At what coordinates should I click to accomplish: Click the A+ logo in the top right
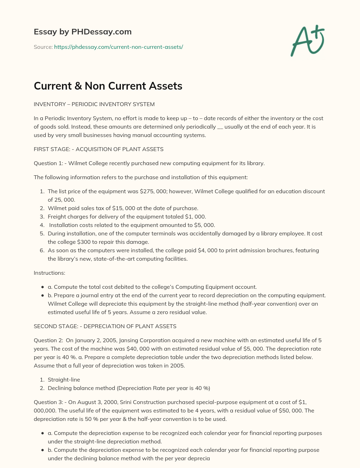[x=308, y=40]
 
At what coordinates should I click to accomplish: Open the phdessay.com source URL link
[x=118, y=47]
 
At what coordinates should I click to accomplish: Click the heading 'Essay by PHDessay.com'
[x=83, y=32]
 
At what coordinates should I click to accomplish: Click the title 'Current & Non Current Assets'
[x=108, y=86]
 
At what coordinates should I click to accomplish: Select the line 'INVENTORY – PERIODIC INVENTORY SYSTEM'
[x=94, y=104]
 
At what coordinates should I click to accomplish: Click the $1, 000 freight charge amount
[x=195, y=217]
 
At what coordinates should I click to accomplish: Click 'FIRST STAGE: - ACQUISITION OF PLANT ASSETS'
[x=98, y=149]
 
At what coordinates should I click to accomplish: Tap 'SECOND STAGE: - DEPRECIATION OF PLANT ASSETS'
[x=105, y=326]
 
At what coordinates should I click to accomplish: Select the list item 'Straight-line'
[x=64, y=380]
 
